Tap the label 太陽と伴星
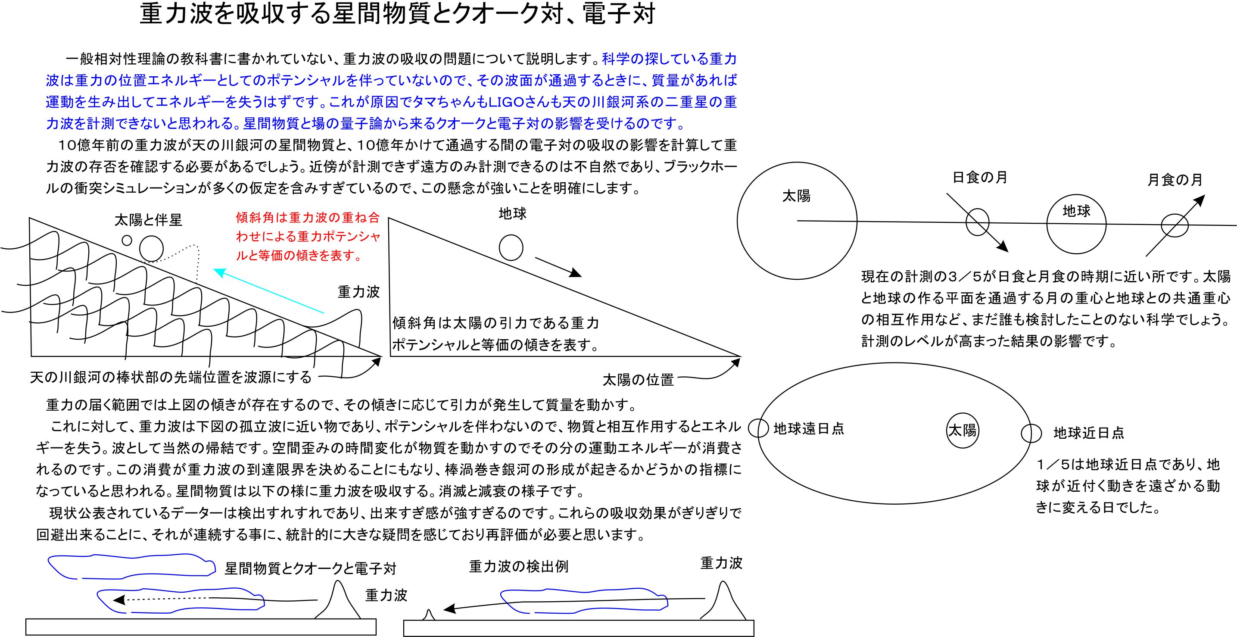(x=148, y=220)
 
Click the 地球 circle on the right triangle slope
(x=511, y=247)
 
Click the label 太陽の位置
(x=638, y=380)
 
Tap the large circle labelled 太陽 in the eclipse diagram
(x=797, y=221)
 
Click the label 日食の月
(x=980, y=178)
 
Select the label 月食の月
(x=1175, y=180)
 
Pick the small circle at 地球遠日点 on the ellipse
(x=759, y=428)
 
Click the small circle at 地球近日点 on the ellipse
(x=1031, y=433)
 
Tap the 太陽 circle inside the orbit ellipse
(x=962, y=431)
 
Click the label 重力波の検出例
(x=519, y=566)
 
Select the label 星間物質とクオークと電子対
(x=310, y=569)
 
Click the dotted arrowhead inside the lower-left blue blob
(x=118, y=600)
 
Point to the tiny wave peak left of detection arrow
(x=429, y=615)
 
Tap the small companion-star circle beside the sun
(x=127, y=240)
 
